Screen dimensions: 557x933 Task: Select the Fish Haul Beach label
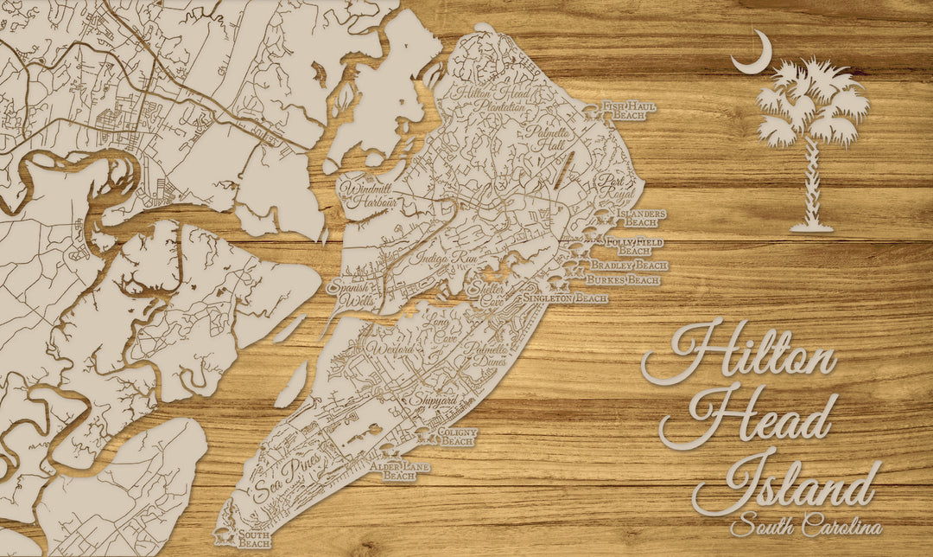[630, 110]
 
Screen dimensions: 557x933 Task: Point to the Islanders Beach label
[639, 216]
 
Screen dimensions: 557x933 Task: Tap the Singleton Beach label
[565, 298]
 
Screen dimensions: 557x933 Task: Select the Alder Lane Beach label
[400, 471]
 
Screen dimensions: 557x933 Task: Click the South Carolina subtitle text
[805, 526]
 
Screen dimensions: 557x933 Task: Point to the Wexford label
[391, 349]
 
